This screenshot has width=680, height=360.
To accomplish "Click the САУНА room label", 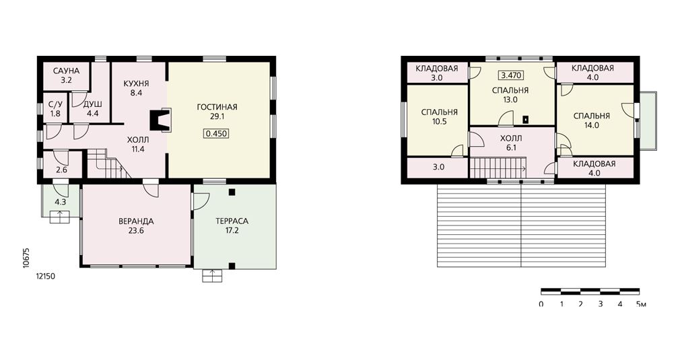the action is (67, 71).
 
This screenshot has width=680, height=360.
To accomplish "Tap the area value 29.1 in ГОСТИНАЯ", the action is (217, 116).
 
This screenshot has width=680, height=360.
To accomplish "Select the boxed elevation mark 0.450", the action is (216, 133).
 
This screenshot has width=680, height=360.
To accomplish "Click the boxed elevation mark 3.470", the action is (511, 75).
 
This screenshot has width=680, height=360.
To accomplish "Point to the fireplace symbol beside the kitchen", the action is (160, 120).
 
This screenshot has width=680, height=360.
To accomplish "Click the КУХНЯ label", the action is (136, 83).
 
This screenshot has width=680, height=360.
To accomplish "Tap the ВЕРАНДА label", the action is (136, 221).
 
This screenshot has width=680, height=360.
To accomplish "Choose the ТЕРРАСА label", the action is (232, 221).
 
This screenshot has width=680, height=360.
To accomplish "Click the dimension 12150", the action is (46, 277).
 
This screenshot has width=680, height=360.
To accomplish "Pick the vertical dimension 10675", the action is (26, 257).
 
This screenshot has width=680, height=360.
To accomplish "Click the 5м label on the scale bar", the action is (641, 304).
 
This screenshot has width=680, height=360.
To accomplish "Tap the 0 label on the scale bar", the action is (541, 304).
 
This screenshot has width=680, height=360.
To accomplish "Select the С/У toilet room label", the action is (55, 105).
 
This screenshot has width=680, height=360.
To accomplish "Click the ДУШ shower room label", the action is (93, 105).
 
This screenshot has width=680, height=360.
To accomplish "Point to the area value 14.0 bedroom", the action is (592, 125).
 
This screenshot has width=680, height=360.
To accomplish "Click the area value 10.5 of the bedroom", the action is (440, 122).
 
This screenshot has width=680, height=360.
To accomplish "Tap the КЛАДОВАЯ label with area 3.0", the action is (437, 69).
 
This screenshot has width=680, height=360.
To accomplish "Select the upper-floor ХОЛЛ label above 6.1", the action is (511, 139).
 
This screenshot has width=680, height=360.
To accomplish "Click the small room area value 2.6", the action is (62, 170).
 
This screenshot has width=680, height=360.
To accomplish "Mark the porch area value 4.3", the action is (61, 202).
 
